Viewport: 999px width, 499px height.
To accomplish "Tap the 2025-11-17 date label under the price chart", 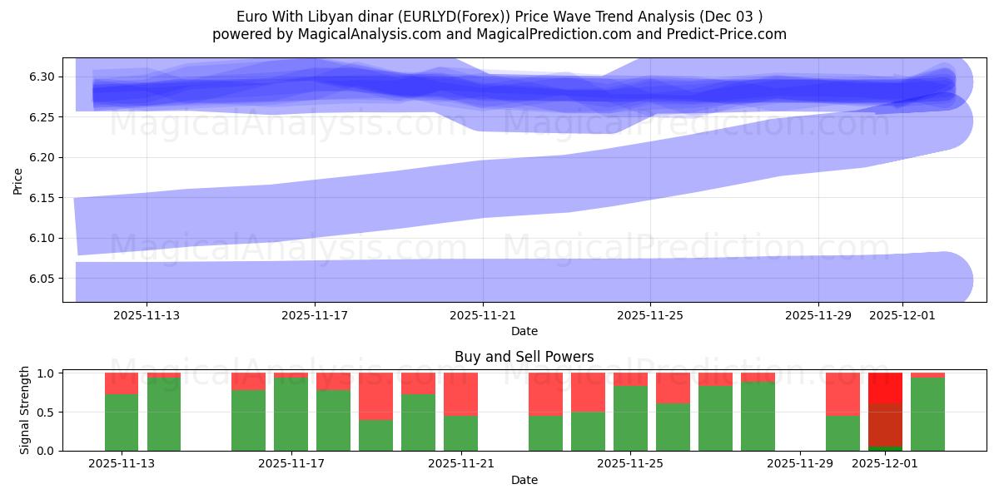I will coord(315,315).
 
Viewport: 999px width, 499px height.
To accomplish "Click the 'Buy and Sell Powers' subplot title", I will coord(524,357).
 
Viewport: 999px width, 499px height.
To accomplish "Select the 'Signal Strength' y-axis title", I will coord(25,410).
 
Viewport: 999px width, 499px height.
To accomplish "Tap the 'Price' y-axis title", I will coord(18,180).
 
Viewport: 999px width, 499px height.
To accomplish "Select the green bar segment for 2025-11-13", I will coord(122,422).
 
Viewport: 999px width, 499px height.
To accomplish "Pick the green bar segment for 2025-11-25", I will coord(630,418).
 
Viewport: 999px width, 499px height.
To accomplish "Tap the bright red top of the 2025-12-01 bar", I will coord(885,388).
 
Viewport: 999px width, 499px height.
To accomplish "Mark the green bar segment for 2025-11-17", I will coord(291,414).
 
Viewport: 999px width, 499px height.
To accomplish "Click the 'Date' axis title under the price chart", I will coord(524,331).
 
